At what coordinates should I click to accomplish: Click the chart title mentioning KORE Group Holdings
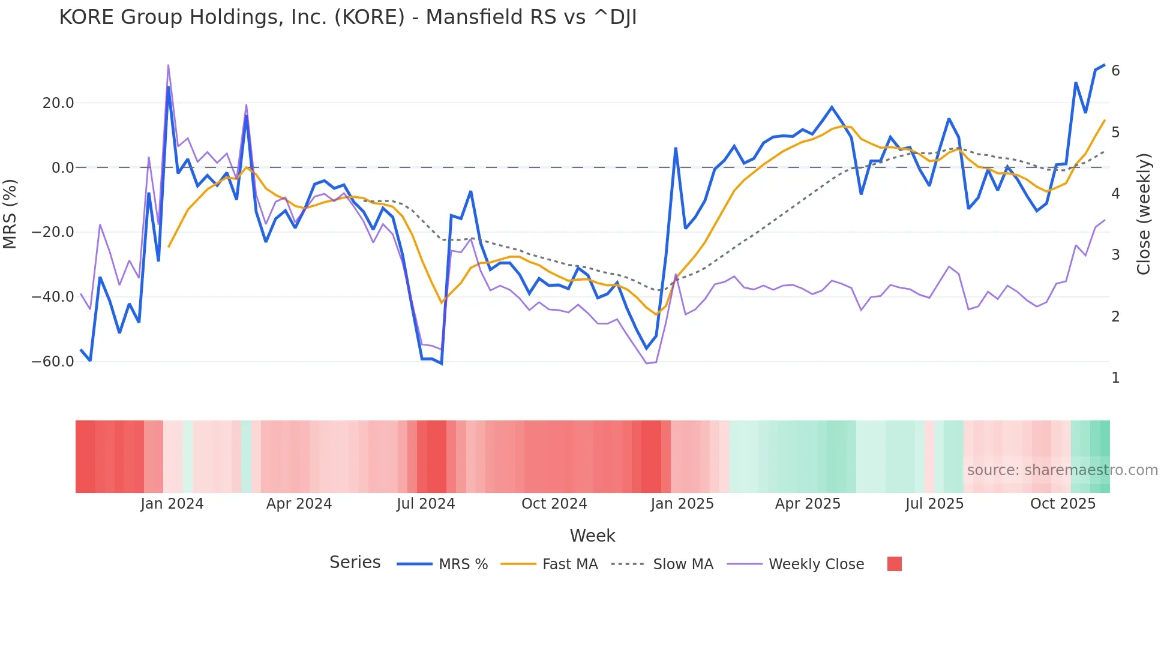coord(347,17)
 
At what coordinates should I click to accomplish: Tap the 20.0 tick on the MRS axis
coord(58,103)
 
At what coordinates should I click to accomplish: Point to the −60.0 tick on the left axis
coord(53,362)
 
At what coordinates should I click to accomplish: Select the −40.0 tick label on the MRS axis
coord(53,297)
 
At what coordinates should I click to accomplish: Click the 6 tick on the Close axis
coord(1115,71)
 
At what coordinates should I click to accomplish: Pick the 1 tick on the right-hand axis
coord(1115,378)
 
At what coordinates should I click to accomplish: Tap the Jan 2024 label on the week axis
coord(172,504)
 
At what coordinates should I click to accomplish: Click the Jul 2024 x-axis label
coord(426,504)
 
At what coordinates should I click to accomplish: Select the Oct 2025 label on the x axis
coord(1063,504)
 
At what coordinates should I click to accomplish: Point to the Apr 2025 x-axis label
coord(808,504)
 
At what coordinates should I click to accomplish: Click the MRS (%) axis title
coord(10,214)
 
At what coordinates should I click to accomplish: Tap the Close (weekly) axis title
coord(1144,214)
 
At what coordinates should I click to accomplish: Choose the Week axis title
coord(592,536)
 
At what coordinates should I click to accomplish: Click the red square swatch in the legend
coord(894,564)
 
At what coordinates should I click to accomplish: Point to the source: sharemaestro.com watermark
coord(1062,470)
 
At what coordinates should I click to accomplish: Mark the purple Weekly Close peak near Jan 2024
coord(168,65)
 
